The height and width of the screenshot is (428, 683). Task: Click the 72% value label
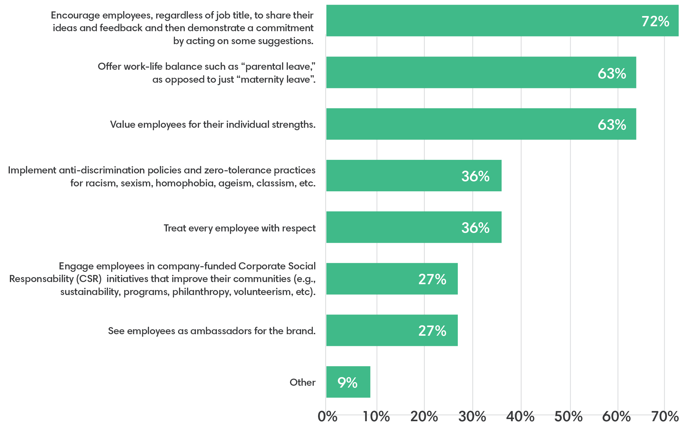click(x=655, y=22)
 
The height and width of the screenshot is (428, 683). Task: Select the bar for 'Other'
click(x=348, y=382)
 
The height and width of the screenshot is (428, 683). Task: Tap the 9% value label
click(x=347, y=383)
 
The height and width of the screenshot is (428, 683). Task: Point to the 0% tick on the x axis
click(x=327, y=417)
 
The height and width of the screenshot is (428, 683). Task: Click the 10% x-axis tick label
click(x=376, y=417)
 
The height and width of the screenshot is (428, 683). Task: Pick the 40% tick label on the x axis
click(x=520, y=417)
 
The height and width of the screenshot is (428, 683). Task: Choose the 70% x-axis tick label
click(x=665, y=417)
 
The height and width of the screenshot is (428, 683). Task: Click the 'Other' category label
click(x=302, y=382)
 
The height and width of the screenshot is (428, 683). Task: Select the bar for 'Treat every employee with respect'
click(x=413, y=227)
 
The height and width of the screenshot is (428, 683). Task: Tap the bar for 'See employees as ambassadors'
click(x=392, y=330)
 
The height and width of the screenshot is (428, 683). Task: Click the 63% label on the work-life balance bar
click(x=612, y=73)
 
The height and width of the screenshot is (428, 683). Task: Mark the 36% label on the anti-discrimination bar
click(x=475, y=176)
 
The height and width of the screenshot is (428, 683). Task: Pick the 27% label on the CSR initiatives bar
click(x=432, y=279)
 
